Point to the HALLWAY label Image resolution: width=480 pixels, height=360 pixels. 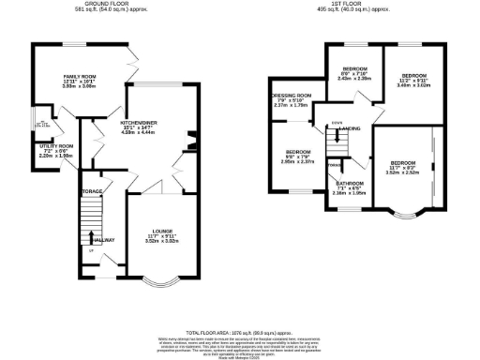pos(103,240)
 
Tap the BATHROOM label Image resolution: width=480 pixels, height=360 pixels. pos(350,184)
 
